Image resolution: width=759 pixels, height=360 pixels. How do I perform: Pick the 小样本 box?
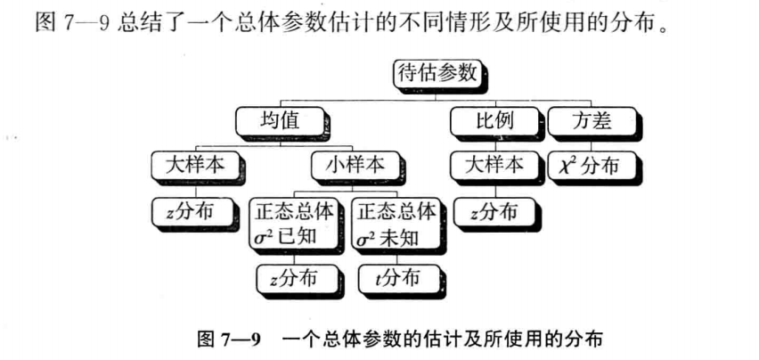pos(348,165)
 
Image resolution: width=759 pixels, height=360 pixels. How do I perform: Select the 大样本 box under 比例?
pos(493,165)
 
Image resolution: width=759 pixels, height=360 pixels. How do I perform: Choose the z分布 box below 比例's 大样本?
pos(493,211)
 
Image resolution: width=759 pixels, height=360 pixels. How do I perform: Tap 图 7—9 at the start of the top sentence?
pos(71,20)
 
